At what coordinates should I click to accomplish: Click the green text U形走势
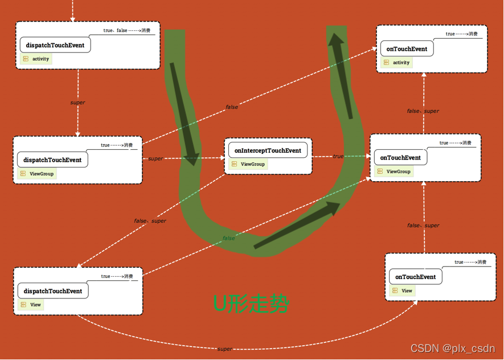coord(251,304)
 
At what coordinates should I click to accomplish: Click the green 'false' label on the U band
coord(228,238)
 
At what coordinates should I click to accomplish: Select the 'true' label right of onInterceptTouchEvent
coord(338,156)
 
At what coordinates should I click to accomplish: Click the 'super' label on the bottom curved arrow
coord(225,349)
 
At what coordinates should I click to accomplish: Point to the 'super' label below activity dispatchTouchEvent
coord(77,103)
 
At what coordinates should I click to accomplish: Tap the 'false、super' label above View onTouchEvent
coord(423,226)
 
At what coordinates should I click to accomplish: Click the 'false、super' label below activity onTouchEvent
coord(423,111)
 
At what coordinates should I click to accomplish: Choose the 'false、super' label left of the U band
coord(150,221)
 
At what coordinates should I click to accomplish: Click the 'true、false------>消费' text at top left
coord(126,30)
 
